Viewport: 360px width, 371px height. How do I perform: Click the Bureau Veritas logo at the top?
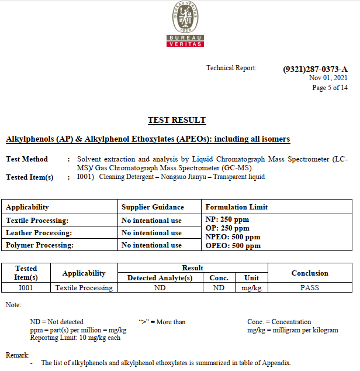[x=185, y=24]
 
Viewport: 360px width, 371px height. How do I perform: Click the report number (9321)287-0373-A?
[x=314, y=69]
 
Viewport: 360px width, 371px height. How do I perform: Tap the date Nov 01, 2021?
[x=328, y=78]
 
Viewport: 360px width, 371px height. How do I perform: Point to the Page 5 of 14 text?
[x=330, y=88]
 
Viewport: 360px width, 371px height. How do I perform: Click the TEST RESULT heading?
[x=176, y=121]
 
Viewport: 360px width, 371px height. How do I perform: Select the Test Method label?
[x=27, y=159]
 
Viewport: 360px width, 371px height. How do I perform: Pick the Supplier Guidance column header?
[x=153, y=207]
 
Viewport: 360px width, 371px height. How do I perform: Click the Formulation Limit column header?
[x=237, y=207]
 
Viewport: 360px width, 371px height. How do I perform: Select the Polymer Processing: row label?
[x=40, y=245]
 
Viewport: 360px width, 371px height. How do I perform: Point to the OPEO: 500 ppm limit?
[x=233, y=246]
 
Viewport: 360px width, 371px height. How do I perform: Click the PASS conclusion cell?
[x=310, y=288]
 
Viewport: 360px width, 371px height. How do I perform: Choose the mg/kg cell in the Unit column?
[x=251, y=288]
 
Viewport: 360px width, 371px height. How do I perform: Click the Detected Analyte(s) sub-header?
[x=160, y=278]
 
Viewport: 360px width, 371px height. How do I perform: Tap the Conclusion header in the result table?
[x=310, y=273]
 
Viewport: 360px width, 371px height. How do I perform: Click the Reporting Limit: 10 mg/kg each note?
[x=75, y=338]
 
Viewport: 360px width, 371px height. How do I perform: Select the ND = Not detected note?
[x=57, y=322]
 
